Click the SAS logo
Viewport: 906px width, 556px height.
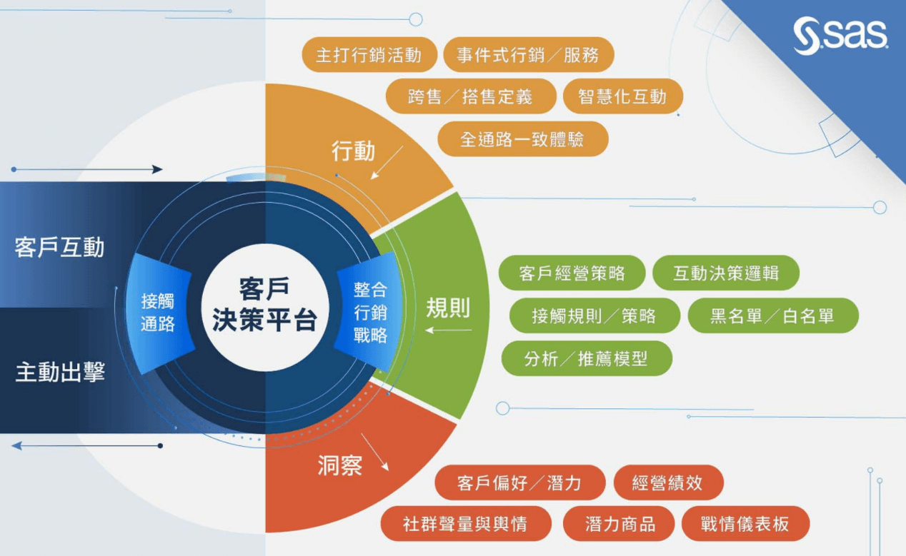[x=840, y=36]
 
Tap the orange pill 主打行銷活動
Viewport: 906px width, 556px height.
[x=369, y=54]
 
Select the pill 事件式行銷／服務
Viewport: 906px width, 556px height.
[x=529, y=54]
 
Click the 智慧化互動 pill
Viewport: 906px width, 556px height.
[x=623, y=96]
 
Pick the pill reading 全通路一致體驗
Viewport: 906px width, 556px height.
[x=523, y=139]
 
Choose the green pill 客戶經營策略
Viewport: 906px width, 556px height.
[x=572, y=273]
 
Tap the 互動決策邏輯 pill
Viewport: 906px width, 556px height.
[x=726, y=273]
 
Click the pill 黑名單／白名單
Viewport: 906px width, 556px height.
[x=773, y=315]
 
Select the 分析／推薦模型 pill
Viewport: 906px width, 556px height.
[x=587, y=358]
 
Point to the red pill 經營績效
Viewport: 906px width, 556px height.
[x=669, y=482]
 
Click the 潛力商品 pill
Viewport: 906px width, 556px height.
[x=619, y=524]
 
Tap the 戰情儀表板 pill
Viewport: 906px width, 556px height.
[x=745, y=524]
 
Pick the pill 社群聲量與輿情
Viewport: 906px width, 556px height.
[x=466, y=524]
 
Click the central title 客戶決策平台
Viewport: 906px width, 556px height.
[x=264, y=304]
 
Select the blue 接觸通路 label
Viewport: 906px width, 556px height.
[x=158, y=313]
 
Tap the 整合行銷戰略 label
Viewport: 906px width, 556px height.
[x=370, y=313]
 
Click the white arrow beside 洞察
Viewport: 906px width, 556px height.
[x=375, y=453]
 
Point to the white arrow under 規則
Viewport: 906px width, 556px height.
[x=449, y=330]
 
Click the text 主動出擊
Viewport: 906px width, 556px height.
[x=60, y=372]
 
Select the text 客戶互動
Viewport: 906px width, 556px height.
[x=59, y=247]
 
